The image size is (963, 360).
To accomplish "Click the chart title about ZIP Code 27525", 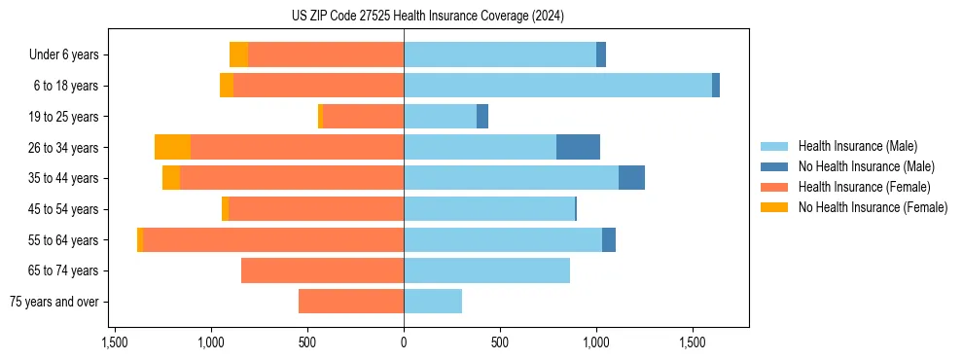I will (427, 17).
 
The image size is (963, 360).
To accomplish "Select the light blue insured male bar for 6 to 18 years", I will (557, 86).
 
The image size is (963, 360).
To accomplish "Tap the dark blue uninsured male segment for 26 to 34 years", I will (578, 147).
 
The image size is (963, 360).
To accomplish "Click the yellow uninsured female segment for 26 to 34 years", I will (172, 147).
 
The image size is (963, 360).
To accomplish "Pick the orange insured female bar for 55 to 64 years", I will (273, 239).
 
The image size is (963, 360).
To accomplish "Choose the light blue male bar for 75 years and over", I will (433, 302).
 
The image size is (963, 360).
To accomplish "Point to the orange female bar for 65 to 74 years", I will (322, 270).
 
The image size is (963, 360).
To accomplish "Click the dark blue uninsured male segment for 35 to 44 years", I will (631, 178).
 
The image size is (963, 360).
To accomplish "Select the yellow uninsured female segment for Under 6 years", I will (238, 54).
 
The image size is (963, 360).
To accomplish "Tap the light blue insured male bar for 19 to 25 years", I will (440, 117).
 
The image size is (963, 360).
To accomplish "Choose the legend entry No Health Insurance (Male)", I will (866, 166).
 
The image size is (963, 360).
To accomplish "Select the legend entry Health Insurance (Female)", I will (864, 187).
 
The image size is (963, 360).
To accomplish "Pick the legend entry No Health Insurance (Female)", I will (873, 207).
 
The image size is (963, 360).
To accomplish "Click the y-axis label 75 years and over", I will (53, 302).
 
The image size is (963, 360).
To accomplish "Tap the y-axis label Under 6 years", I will (63, 55).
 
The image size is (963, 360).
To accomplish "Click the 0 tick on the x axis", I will (404, 343).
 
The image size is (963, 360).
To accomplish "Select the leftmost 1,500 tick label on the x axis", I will (115, 343).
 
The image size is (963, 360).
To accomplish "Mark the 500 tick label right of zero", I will (499, 343).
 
